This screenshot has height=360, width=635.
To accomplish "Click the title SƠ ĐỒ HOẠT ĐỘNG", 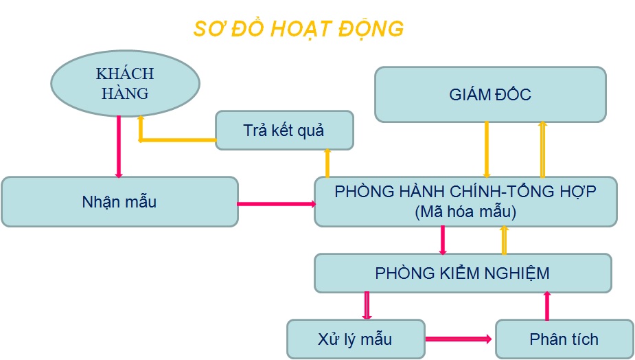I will tap(298, 30).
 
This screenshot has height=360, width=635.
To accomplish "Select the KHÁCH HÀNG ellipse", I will tap(124, 83).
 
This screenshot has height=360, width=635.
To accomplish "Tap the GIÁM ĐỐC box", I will tap(490, 95).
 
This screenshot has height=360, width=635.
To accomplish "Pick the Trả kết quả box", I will tap(284, 130).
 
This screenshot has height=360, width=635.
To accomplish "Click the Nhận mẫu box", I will tap(119, 202).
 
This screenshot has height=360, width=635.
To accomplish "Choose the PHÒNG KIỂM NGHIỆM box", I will tap(463, 273).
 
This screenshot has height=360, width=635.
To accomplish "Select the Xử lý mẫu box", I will tap(356, 339).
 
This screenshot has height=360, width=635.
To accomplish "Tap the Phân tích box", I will tap(564, 339).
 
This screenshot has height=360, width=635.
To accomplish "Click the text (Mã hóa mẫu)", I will tap(465, 212).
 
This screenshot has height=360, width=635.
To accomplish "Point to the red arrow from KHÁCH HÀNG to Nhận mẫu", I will tap(119, 146).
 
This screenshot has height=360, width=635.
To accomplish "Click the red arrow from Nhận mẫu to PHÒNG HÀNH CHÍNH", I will tap(276, 203).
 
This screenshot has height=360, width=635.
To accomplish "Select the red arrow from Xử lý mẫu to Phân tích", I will tap(459, 339).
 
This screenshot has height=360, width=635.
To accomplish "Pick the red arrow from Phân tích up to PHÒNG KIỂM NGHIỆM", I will tap(547, 306).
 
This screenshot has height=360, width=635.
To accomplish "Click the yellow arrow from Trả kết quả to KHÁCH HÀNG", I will tap(177, 139).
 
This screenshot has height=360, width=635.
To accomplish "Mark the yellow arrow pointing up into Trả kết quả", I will tap(327, 163).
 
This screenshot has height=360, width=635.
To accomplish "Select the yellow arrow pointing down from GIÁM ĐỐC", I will tap(486, 149).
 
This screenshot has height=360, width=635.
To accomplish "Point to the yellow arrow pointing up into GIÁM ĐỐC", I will tap(542, 149).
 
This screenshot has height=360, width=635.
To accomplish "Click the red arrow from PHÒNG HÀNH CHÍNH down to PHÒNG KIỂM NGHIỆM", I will tap(443, 240).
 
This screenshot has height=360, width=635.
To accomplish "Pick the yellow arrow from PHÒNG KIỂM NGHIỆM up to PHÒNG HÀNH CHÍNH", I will tap(504, 240).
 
